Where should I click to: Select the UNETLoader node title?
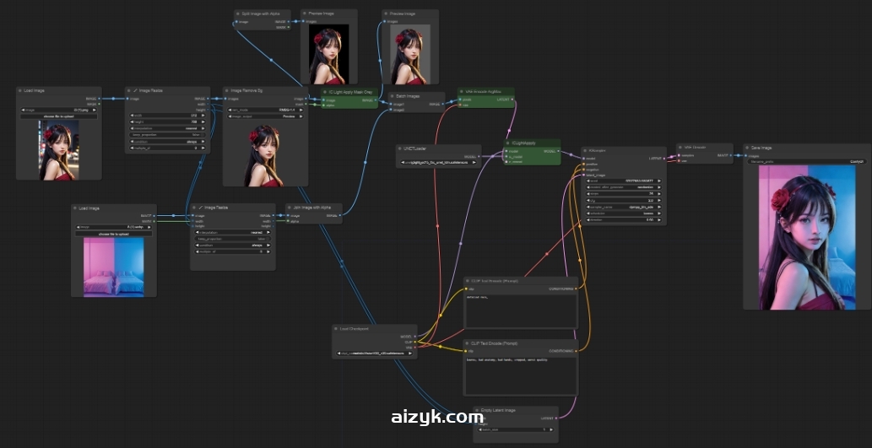415,148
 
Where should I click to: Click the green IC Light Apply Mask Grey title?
349,91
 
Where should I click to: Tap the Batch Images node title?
407,96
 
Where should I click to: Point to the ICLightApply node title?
525,143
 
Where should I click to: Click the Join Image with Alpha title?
312,207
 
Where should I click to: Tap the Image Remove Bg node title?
249,90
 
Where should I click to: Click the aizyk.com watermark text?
436,417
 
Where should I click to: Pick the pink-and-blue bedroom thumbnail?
113,266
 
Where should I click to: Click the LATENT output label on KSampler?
656,158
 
